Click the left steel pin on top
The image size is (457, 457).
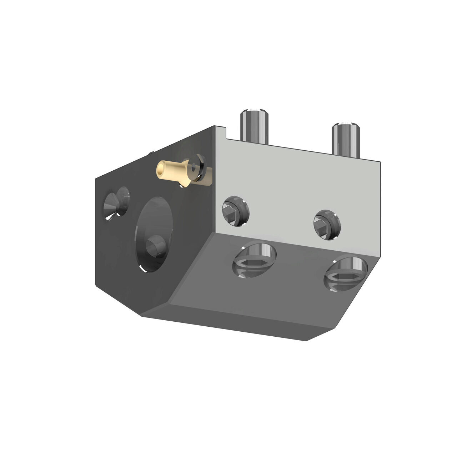(x=253, y=127)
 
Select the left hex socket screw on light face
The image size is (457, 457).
(x=235, y=211)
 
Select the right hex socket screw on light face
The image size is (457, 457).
(x=326, y=224)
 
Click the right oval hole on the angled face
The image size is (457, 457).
(x=345, y=273)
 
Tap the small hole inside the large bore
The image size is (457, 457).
(x=156, y=246)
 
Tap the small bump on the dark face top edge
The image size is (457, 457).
(x=151, y=154)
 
